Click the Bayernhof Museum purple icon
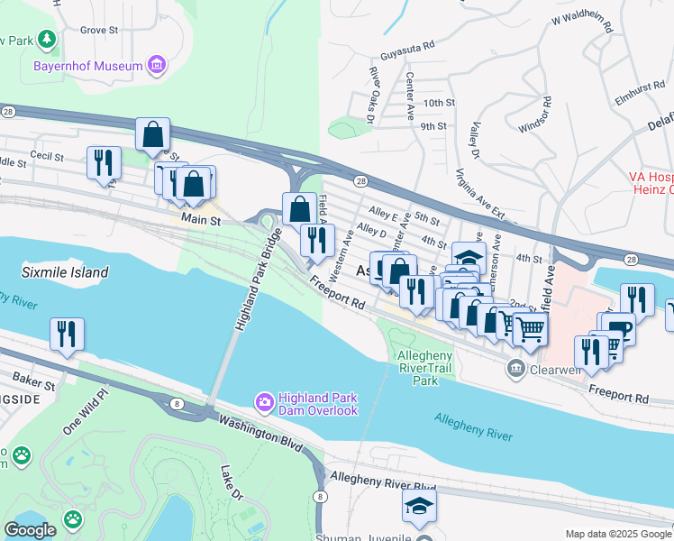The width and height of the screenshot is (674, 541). point(157,66)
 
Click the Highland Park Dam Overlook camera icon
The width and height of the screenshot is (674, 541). point(264,400)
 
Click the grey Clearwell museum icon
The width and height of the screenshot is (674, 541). point(515,368)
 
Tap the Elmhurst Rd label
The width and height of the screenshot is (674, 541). point(642,91)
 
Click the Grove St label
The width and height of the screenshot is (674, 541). point(99,30)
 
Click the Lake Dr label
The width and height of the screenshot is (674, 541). point(232,483)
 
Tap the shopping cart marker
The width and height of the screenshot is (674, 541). point(530,330)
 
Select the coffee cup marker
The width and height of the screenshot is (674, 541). point(618,328)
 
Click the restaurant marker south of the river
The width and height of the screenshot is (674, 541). point(67,334)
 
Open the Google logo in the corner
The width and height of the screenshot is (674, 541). point(30,530)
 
